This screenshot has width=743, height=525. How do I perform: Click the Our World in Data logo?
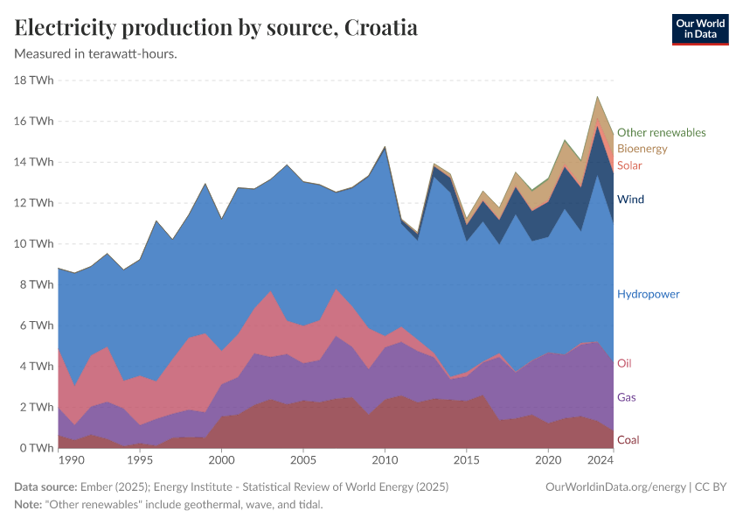(699, 29)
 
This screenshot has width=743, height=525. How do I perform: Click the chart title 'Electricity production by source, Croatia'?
(216, 28)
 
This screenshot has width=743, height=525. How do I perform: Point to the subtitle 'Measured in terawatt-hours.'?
(96, 53)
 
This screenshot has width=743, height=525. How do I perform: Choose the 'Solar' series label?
(629, 165)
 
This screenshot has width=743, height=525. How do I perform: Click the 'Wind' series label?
(630, 199)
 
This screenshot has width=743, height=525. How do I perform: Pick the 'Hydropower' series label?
(648, 294)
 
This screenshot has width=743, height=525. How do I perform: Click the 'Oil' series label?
(624, 363)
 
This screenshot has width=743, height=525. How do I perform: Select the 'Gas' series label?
(626, 397)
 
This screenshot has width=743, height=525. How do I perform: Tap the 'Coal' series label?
(628, 439)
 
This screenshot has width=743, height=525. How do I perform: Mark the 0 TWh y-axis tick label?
(38, 448)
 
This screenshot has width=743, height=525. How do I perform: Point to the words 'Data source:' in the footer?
(45, 486)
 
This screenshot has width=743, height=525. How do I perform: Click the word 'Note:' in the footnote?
(31, 505)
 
